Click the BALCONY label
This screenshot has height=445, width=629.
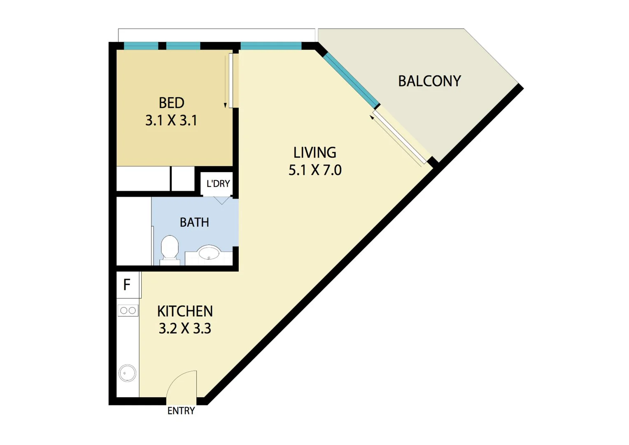point(429,81)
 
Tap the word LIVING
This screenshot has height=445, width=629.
point(314,153)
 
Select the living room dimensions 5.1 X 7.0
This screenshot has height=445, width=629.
point(315,170)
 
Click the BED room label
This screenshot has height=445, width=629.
point(171,103)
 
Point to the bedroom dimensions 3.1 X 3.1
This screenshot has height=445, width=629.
point(171,120)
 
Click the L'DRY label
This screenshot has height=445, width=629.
point(218,184)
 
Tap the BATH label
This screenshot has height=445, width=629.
point(194,222)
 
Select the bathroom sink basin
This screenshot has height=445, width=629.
point(209,253)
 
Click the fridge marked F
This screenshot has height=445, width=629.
point(127,285)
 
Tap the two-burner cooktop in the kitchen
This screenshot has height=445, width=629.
point(128,311)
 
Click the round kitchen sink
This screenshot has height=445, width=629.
point(127,374)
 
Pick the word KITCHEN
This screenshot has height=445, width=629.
point(185,311)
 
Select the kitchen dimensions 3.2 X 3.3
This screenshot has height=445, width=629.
point(185,328)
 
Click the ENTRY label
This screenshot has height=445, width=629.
point(181,411)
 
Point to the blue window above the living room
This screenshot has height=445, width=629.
point(271,46)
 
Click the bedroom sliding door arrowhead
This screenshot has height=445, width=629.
point(225,105)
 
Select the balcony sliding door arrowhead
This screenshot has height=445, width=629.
point(372,117)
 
